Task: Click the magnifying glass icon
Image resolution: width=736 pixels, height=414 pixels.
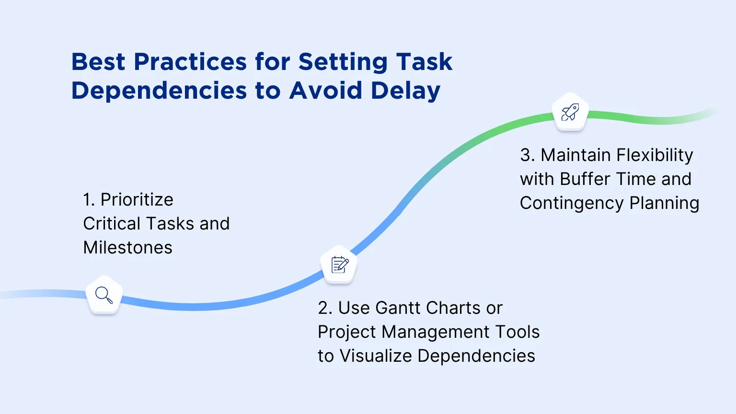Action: pos(104,295)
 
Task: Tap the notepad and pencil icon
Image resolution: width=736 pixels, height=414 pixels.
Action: pos(340,264)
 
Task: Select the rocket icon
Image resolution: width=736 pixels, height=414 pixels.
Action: pos(570,112)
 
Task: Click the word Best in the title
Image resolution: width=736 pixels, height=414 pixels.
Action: pos(98,62)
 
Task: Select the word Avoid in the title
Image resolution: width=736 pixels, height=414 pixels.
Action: pos(326,91)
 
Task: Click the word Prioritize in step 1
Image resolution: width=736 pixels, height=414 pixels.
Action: pos(137,199)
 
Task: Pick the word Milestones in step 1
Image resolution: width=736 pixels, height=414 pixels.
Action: pos(128,247)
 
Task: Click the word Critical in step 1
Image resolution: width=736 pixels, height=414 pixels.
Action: pos(111,223)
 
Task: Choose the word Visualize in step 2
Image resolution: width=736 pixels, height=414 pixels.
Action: pos(376,356)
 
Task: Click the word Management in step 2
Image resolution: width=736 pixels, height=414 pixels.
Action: pos(436,332)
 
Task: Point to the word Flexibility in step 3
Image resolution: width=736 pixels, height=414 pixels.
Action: pos(655,155)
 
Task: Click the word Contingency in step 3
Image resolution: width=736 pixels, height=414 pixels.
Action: pos(572,203)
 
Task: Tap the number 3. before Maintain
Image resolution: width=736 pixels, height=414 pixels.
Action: pos(528,155)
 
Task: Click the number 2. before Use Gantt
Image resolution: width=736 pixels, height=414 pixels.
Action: pos(325,308)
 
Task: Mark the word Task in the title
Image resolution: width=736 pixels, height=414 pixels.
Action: pos(424,62)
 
